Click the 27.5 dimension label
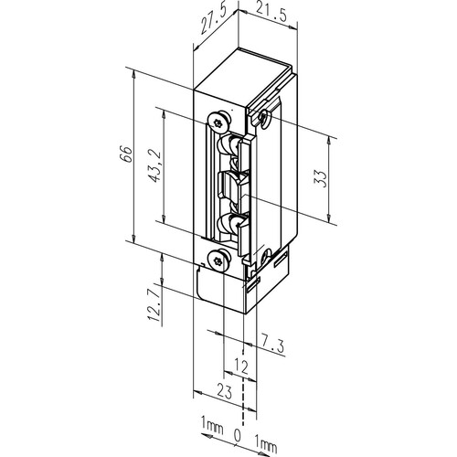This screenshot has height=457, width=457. [x=214, y=20]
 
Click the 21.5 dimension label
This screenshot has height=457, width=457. [x=271, y=14]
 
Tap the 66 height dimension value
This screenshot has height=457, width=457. [x=126, y=154]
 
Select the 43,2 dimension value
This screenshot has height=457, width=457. [x=155, y=166]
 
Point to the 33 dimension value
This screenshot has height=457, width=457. [x=321, y=178]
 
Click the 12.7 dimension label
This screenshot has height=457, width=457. [x=154, y=305]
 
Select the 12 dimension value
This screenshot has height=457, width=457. [x=240, y=367]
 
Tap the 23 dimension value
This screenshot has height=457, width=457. [x=225, y=391]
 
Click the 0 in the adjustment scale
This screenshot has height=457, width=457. [x=237, y=435]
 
